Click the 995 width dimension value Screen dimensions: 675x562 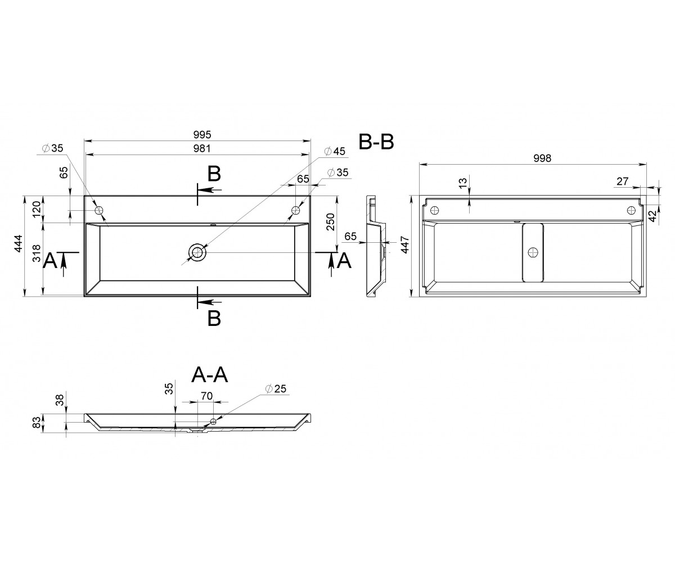point(202,134)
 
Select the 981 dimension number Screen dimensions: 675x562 point(202,148)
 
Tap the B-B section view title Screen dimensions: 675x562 point(376,142)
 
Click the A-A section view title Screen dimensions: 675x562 point(210,375)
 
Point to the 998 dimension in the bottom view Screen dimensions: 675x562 point(542,158)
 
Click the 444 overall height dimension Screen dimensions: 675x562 point(19,243)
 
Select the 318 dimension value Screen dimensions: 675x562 point(37,253)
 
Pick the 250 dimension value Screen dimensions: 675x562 point(330,221)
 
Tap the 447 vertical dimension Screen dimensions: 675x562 point(405,245)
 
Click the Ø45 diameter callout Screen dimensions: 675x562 point(335,151)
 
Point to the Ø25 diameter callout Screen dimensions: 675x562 point(276,388)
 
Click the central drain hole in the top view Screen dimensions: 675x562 point(197,252)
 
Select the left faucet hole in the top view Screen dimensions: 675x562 point(99,210)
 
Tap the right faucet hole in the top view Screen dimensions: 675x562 point(296,210)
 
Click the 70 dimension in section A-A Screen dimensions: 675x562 point(206,396)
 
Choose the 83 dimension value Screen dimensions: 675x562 point(38,422)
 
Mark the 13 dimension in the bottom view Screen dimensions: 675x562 point(463,183)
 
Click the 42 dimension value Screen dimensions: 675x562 point(653,216)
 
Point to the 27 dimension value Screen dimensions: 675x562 point(622,181)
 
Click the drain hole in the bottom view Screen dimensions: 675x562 point(533,252)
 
